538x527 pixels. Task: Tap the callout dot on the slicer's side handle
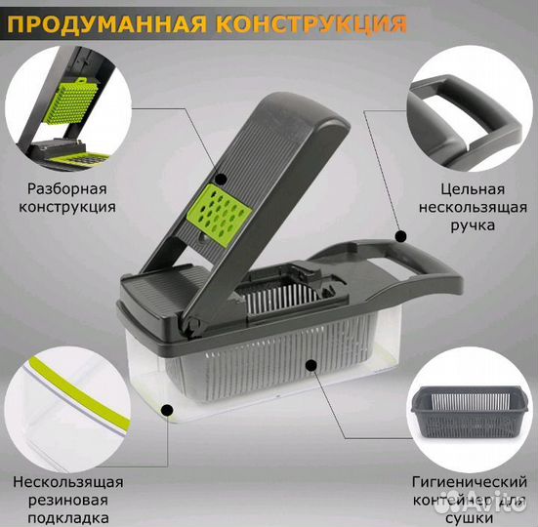coord(400,235)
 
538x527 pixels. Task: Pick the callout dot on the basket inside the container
coord(309,364)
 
